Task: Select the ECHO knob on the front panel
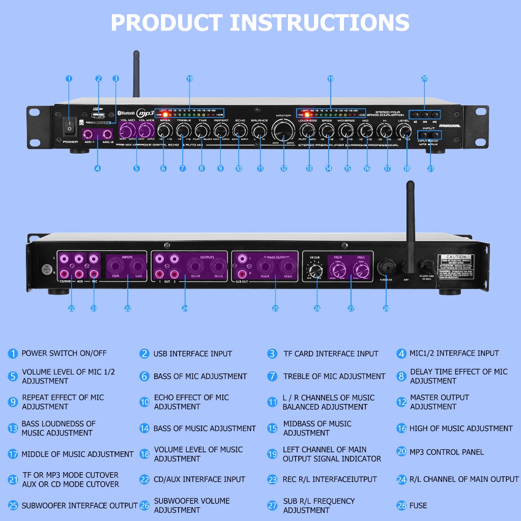[x=240, y=130]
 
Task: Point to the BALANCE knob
[x=259, y=131]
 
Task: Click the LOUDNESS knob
[x=307, y=131]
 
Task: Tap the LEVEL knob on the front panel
[x=403, y=131]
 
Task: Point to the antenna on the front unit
[x=136, y=74]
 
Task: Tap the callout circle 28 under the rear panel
[x=386, y=308]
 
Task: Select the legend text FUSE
[x=418, y=505]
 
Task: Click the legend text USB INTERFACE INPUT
[x=192, y=354]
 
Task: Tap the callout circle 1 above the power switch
[x=69, y=78]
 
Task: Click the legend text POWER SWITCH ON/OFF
[x=64, y=353]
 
